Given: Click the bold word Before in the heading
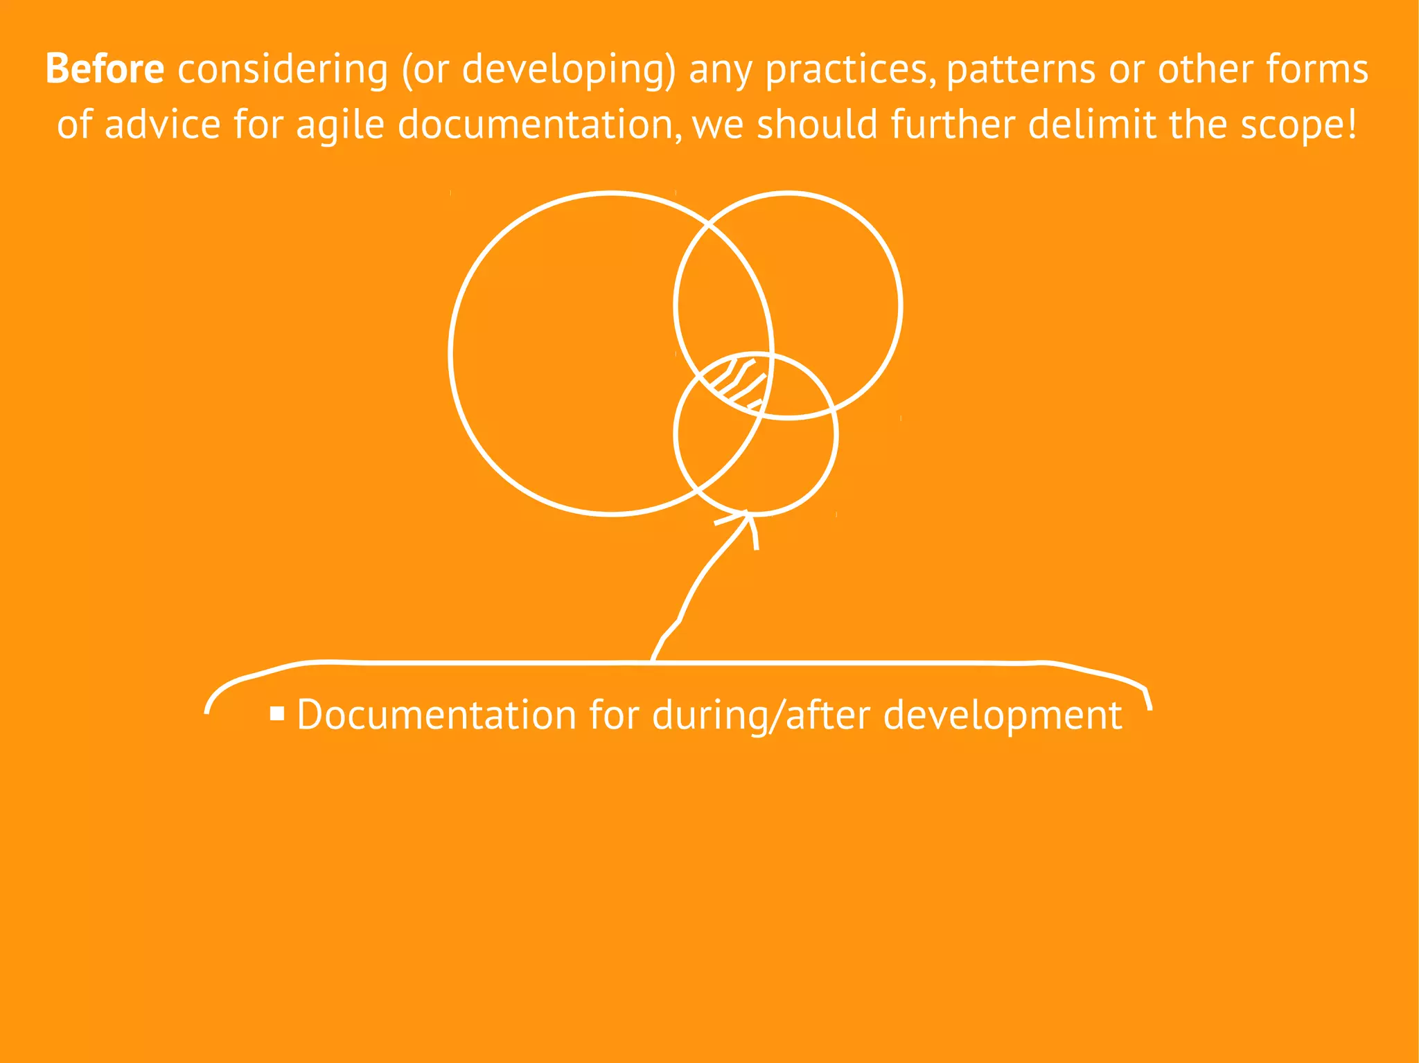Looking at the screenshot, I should point(105,69).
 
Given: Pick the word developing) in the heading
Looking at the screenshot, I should point(568,71).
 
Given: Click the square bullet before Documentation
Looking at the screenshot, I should point(277,713).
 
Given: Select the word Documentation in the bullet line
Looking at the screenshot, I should point(437,715).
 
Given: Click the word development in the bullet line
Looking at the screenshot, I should point(1003,716).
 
